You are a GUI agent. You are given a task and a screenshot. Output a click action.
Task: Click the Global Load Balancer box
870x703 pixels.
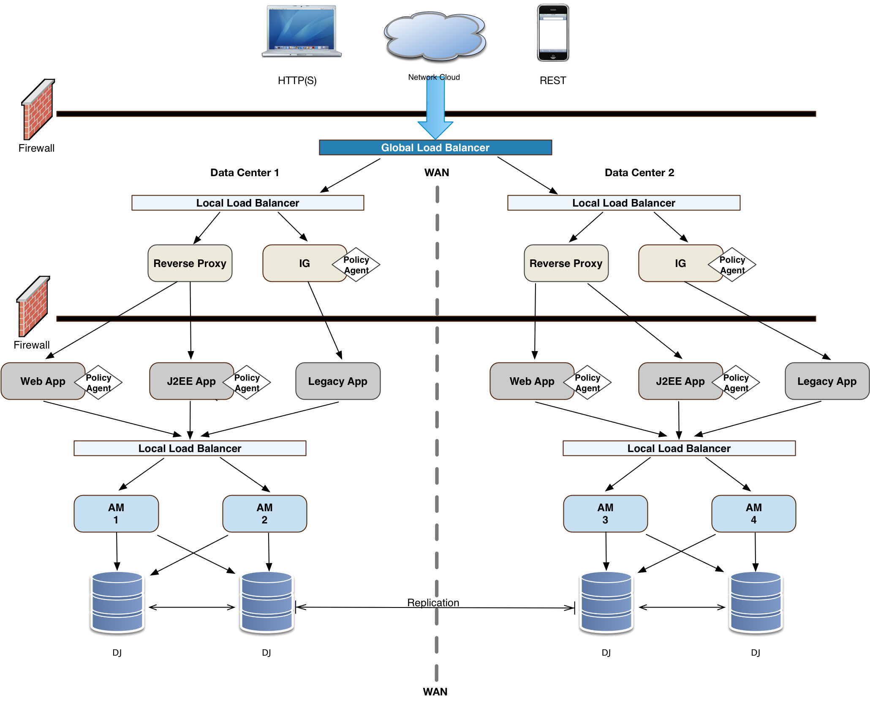(x=435, y=147)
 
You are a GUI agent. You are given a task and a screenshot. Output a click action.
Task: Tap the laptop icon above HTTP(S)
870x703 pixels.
(x=302, y=31)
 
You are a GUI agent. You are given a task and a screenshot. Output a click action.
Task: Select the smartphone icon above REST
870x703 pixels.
(x=553, y=33)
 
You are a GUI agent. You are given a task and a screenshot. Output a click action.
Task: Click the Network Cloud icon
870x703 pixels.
(x=435, y=35)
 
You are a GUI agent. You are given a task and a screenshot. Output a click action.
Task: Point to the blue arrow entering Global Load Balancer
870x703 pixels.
(x=435, y=108)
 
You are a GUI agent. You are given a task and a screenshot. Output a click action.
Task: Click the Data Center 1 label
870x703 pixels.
(x=245, y=172)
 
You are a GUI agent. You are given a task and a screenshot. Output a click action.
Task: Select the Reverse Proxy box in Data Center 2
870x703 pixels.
(x=566, y=263)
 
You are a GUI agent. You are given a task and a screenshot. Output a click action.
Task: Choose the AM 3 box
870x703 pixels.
(x=605, y=513)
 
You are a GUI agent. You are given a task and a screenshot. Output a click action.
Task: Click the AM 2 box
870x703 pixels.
(x=264, y=513)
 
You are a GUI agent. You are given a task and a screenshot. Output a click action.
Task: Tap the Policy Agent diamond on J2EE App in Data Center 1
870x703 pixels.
(x=247, y=382)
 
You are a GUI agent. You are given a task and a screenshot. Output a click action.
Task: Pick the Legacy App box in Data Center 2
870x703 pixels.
(x=827, y=381)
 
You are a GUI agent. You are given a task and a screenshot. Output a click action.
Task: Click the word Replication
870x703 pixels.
(x=433, y=602)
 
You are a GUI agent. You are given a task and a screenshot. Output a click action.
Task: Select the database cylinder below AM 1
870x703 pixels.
(x=117, y=602)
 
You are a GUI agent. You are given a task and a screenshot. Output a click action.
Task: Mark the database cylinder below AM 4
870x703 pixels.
(x=756, y=602)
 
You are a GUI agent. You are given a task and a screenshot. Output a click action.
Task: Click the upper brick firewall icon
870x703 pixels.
(x=38, y=109)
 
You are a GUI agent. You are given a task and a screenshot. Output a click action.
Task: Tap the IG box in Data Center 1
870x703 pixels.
(x=304, y=263)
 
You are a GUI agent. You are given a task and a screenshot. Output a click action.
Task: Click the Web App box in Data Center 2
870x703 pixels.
(x=532, y=381)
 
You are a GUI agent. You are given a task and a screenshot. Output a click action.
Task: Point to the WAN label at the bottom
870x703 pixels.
(x=435, y=692)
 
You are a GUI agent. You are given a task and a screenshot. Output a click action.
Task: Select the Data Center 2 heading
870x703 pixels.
(x=639, y=172)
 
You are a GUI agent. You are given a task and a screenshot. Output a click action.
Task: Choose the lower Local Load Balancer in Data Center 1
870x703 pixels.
(x=190, y=448)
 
